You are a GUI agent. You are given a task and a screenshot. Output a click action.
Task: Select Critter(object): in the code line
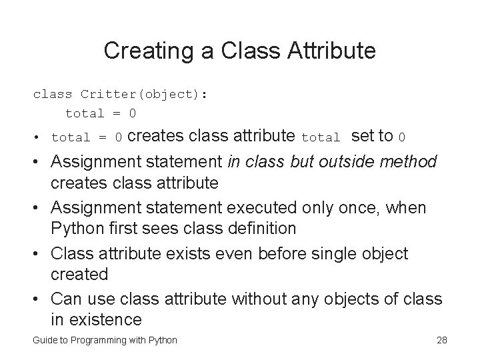coord(144,94)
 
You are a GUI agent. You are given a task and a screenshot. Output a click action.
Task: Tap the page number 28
coord(441,341)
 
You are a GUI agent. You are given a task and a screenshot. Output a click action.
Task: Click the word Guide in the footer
coord(44,341)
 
